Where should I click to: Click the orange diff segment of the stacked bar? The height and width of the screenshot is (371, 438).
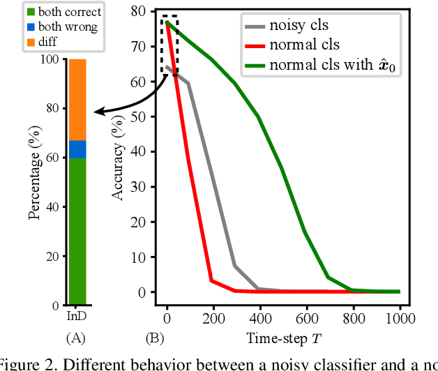77,100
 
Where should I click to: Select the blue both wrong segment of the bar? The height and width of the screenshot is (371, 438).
77,149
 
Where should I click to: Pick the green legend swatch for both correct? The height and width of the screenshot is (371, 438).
12,12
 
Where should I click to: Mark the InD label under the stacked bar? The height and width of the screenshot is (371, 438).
77,317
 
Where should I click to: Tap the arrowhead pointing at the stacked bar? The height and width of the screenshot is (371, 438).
98,111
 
